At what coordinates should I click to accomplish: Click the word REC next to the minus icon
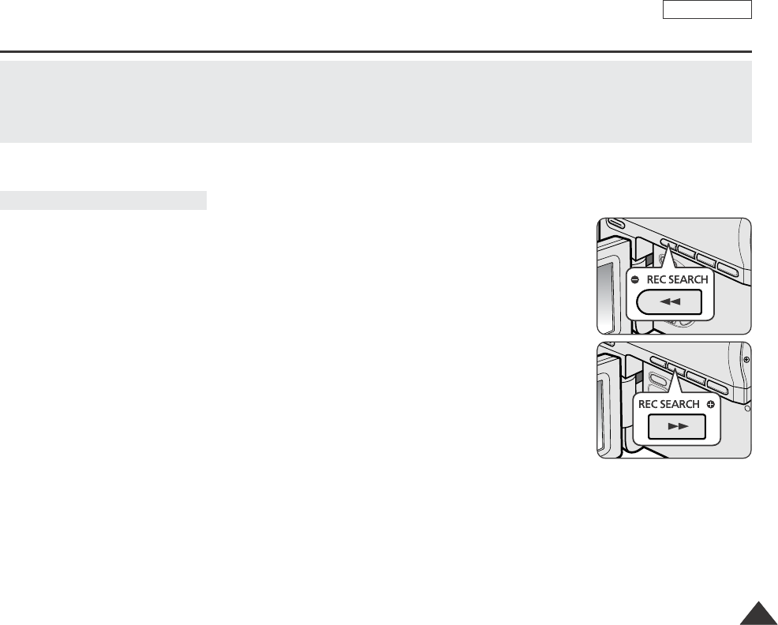point(656,279)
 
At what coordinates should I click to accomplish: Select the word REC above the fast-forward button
point(648,404)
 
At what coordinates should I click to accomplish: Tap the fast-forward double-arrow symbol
point(678,427)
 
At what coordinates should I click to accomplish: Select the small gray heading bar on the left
point(103,200)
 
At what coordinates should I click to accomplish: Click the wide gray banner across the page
point(376,101)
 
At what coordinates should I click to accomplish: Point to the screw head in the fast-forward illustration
point(746,358)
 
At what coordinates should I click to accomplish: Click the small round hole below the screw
point(747,410)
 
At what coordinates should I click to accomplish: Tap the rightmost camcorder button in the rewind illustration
point(731,272)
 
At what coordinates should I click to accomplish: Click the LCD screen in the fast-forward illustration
point(602,410)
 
